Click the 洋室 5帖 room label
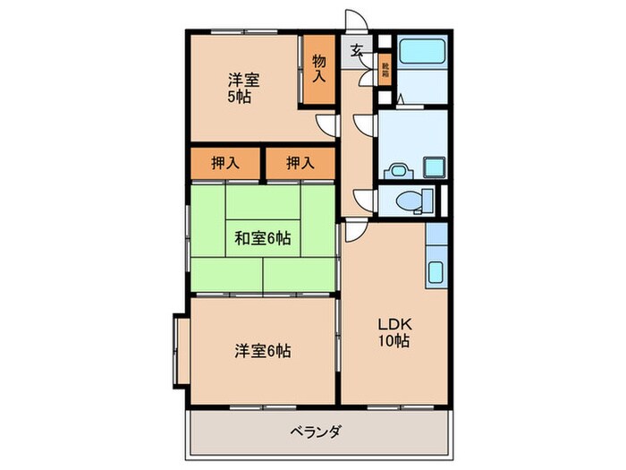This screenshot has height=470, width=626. (238, 88)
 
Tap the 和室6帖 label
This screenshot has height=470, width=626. (262, 238)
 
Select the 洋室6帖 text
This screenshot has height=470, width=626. (262, 351)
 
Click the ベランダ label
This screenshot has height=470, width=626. (314, 432)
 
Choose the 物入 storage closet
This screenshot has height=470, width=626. (319, 70)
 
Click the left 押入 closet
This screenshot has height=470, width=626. (224, 163)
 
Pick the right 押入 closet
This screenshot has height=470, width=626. (300, 163)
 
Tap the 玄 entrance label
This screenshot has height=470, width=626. (356, 50)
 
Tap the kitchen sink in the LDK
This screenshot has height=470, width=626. (436, 270)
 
